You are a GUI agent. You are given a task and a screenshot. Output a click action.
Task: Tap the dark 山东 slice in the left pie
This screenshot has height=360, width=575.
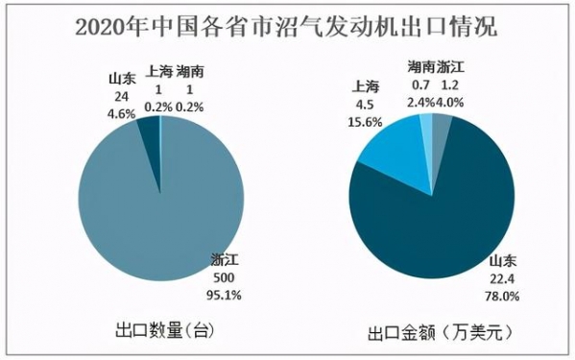tap(149, 129)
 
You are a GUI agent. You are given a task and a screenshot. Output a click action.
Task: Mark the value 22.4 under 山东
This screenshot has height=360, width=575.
tap(502, 279)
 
